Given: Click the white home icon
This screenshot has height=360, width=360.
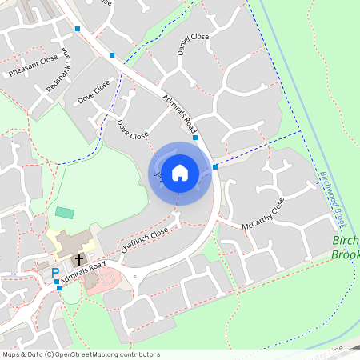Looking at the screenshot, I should coord(180,172).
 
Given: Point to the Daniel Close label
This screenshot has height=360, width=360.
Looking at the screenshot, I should coord(193,47).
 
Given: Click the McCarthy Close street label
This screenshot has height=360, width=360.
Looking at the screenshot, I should coord(263,214).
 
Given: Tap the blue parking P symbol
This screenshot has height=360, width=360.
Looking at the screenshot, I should coord(55,273).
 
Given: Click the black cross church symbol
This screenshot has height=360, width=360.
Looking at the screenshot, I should coord(79,259).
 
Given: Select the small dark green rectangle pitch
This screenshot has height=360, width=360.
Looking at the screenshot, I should coord(65,213).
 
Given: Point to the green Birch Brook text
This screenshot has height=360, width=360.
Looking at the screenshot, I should coord(346,247).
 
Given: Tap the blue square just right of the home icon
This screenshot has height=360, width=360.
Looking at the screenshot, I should coord(215,166).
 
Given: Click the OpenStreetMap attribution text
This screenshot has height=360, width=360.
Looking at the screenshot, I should coord(80,354).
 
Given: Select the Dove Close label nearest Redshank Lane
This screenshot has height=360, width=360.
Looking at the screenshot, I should coord(94,94).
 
